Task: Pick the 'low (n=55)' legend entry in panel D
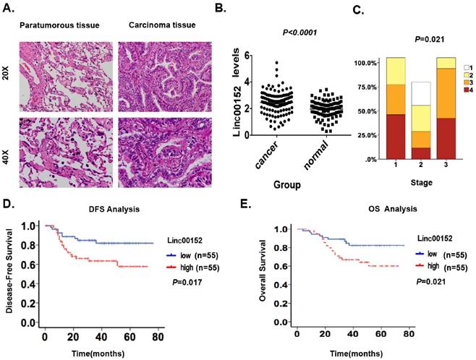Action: click(x=192, y=255)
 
